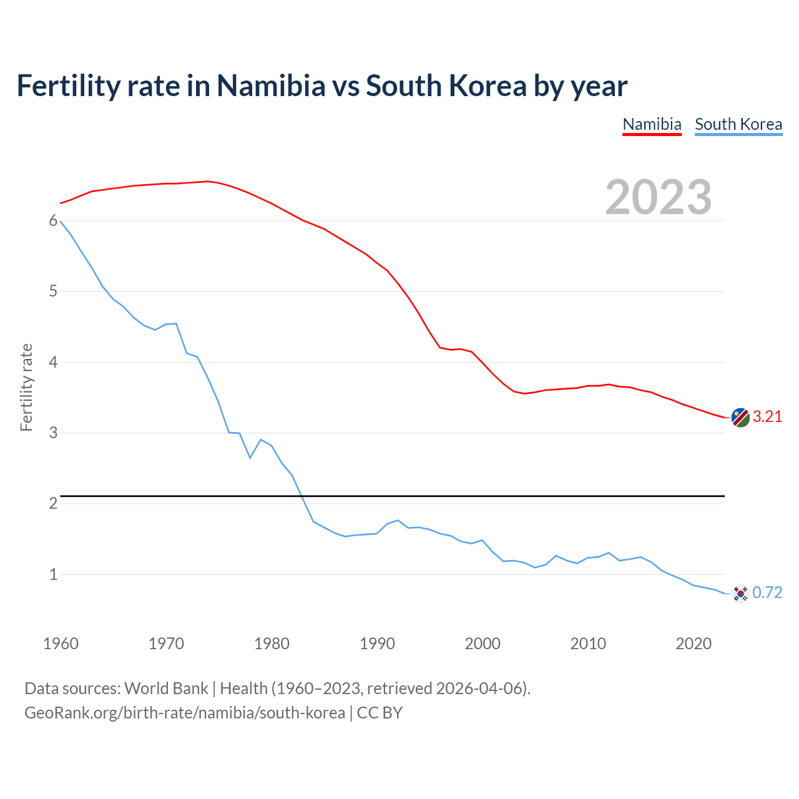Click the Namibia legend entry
652,124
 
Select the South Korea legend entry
738,124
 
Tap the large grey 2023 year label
659,197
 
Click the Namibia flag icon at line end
740,418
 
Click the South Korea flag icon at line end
740,593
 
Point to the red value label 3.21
767,417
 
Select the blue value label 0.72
767,593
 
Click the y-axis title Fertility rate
26,387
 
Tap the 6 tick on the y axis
53,221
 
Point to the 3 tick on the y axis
53,433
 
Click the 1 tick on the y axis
53,574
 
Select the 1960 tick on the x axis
61,644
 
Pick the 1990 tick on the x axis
377,644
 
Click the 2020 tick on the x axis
694,644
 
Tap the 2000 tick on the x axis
483,644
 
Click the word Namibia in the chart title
271,86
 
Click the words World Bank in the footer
166,689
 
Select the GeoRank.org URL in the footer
185,713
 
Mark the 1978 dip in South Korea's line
250,458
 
